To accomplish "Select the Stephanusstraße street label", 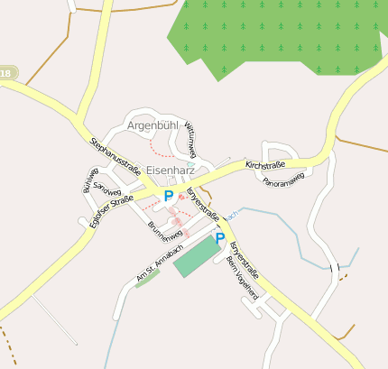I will pos(115,155).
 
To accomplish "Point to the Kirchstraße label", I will pos(264,165).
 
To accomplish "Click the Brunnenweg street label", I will pos(165,232).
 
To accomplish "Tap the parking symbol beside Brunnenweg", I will pos(168,196).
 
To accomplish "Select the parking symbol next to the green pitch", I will pos(219,238).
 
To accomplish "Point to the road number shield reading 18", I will pos(7,73).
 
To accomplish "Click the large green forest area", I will pos(280,36).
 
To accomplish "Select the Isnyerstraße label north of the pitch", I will pos(204,205).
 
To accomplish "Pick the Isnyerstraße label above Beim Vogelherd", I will pos(245,256).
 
